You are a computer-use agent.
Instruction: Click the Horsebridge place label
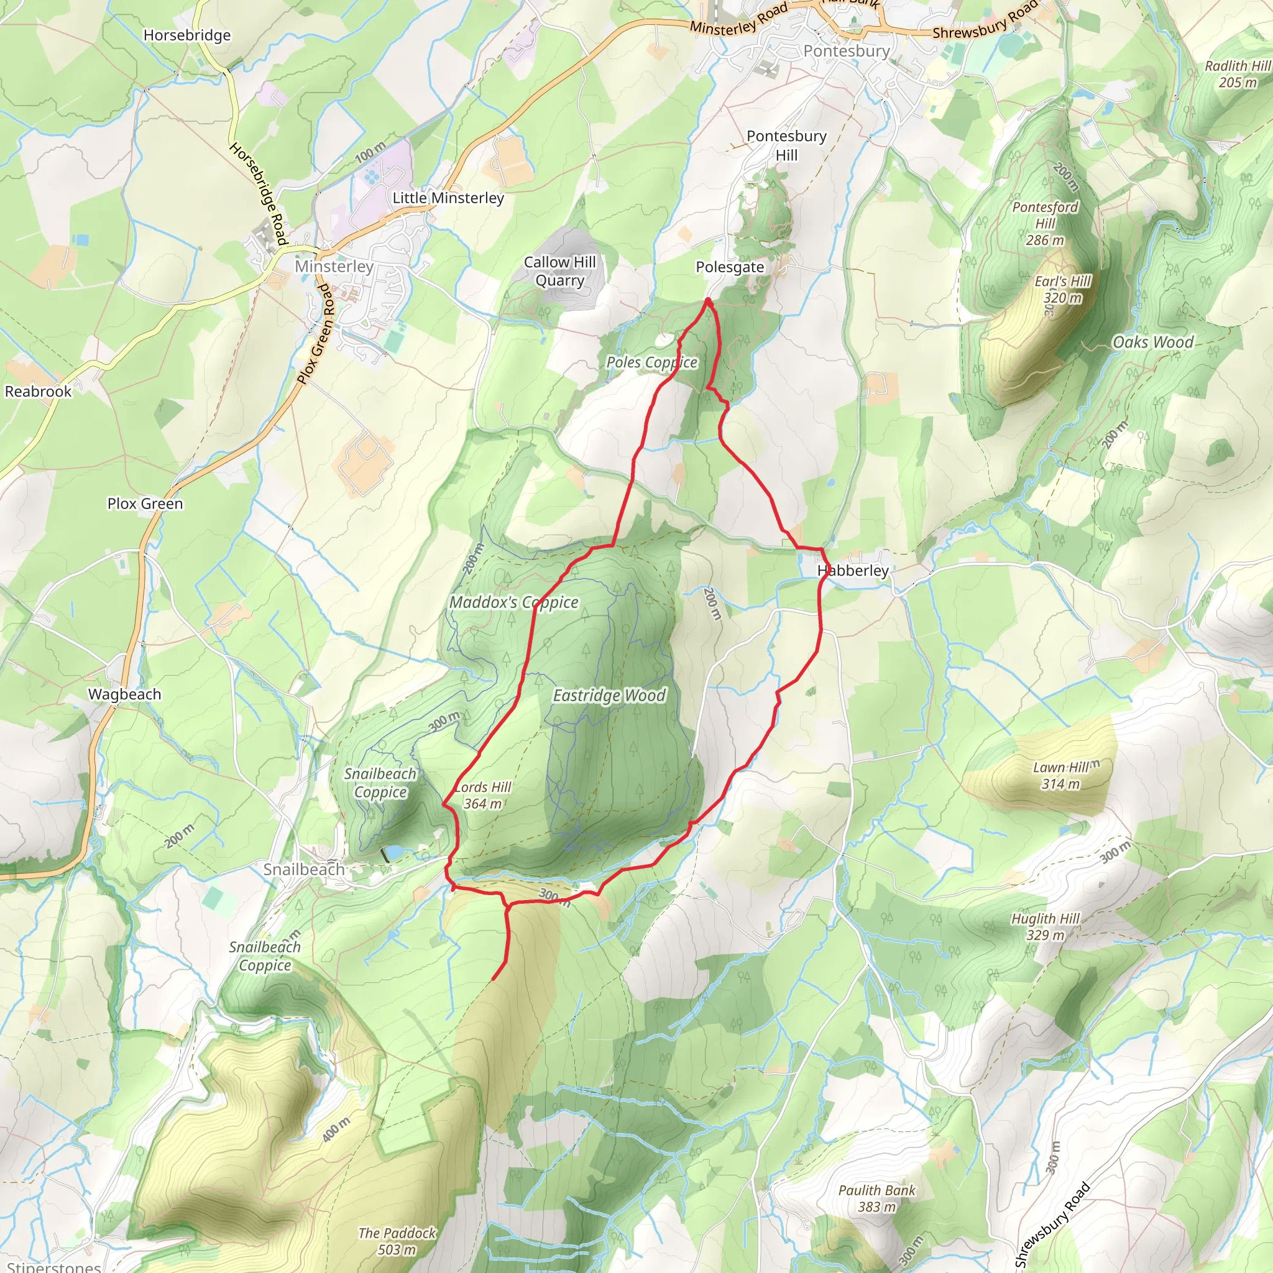[187, 35]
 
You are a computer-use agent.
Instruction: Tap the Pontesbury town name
[846, 51]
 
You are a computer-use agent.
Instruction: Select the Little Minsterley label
[448, 198]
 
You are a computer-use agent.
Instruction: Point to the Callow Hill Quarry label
[559, 271]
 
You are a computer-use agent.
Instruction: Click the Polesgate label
[729, 267]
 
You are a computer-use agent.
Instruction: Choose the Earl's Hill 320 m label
[1062, 289]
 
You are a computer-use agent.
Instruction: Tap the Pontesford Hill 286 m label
[1045, 223]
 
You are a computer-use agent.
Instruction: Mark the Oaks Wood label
[1152, 342]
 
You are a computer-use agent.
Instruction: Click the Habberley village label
[853, 571]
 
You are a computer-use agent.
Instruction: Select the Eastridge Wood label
[609, 695]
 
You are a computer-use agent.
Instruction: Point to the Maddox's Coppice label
[514, 602]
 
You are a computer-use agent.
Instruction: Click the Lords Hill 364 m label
[483, 795]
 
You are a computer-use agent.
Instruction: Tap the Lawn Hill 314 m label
[1061, 776]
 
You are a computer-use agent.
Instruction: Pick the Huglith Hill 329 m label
[1045, 926]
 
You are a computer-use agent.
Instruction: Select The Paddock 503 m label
[397, 1241]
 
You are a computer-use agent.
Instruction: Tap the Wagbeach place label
[124, 694]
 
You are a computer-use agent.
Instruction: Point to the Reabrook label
[38, 392]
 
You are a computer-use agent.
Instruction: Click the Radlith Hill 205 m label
[1237, 74]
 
